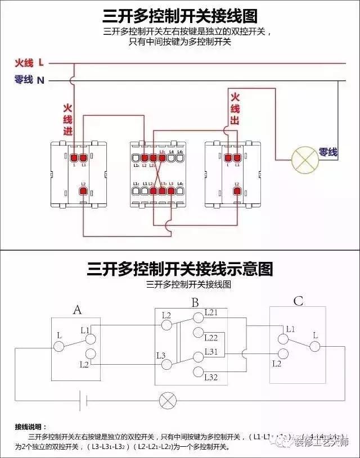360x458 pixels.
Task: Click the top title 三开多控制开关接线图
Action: point(180,16)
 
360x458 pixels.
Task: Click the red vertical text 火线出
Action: point(235,108)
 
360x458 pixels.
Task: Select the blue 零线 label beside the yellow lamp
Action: point(328,152)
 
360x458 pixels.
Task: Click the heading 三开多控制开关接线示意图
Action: point(180,269)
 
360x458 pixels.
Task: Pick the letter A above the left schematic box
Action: point(78,309)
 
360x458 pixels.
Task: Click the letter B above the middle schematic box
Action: point(195,303)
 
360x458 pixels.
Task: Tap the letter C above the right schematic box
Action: point(298,302)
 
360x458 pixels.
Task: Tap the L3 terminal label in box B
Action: point(161,355)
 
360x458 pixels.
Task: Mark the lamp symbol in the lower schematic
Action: point(167,401)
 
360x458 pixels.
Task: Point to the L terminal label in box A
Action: point(59,335)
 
